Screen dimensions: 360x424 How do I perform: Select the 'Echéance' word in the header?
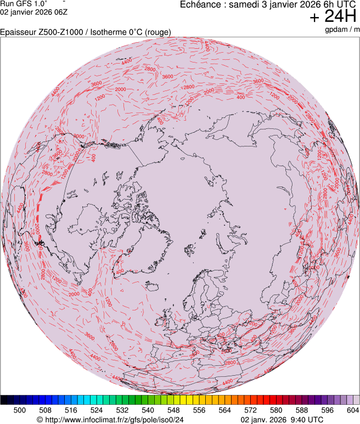[x=202, y=4]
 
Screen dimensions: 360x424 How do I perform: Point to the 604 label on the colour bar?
[x=353, y=410]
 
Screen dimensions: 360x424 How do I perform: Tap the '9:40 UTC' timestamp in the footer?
[x=306, y=420]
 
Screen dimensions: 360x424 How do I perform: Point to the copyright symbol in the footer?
[x=40, y=420]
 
